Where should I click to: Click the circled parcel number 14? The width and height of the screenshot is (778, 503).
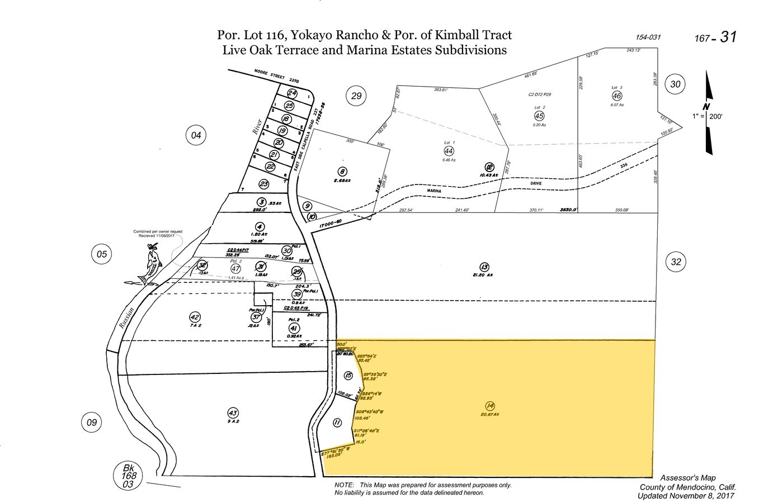pos(491,406)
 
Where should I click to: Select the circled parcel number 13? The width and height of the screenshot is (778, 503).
pos(484,267)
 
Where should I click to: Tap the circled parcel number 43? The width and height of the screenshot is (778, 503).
pos(233,413)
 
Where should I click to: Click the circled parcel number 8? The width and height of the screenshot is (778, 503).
pos(342,172)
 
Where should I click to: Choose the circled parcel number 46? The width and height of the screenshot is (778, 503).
pos(616,96)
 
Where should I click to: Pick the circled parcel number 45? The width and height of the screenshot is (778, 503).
pos(539,115)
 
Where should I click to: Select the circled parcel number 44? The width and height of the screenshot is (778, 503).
pos(449,150)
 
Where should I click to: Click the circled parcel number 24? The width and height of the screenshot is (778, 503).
pos(291,93)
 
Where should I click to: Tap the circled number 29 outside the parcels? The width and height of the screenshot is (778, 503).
pos(356,96)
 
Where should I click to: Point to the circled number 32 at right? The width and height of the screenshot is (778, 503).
pos(676,261)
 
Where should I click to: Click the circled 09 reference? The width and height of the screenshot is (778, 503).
pos(92,422)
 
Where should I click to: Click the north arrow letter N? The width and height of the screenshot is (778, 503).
pos(707,107)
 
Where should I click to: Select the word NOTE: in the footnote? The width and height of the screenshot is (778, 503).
pos(343,485)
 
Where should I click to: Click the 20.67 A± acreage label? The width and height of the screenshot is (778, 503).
pos(491,414)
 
